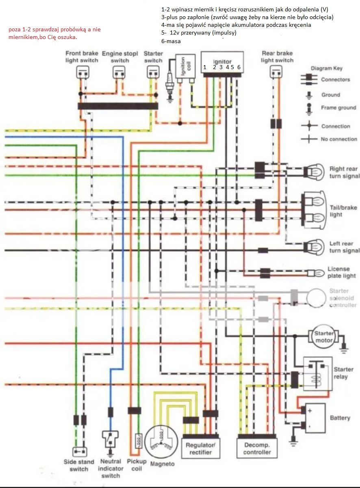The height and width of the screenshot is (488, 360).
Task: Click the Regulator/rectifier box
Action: pyautogui.click(x=200, y=448)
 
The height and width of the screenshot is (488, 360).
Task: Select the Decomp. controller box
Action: pyautogui.click(x=257, y=448)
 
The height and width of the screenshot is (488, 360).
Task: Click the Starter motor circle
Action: pyautogui.click(x=323, y=337)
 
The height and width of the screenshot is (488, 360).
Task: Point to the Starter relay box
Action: pyautogui.click(x=318, y=374)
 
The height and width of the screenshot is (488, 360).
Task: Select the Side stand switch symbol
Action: pyautogui.click(x=80, y=452)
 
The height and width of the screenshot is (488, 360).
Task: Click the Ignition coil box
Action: pyautogui.click(x=185, y=66)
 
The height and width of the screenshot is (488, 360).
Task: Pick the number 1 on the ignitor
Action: pyautogui.click(x=205, y=68)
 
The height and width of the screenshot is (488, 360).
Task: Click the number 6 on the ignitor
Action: pyautogui.click(x=239, y=68)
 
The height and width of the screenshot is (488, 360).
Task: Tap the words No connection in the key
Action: pyautogui.click(x=339, y=139)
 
